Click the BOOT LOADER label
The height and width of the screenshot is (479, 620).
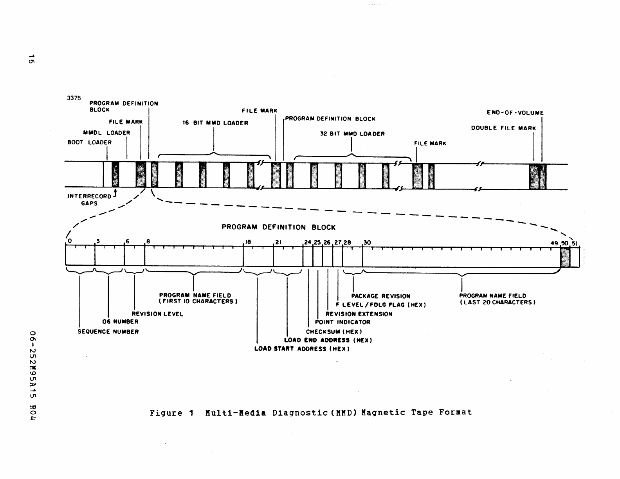pyautogui.click(x=90, y=142)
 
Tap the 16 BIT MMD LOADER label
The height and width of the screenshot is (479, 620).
pyautogui.click(x=215, y=123)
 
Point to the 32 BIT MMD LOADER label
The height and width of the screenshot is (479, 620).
pyautogui.click(x=352, y=134)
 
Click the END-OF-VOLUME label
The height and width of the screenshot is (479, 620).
pyautogui.click(x=515, y=113)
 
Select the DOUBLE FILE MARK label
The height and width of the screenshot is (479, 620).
pyautogui.click(x=503, y=128)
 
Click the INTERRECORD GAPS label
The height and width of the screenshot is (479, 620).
pyautogui.click(x=90, y=200)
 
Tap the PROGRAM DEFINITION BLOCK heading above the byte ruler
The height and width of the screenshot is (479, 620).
pyautogui.click(x=278, y=227)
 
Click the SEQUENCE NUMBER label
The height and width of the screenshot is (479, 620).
pyautogui.click(x=108, y=332)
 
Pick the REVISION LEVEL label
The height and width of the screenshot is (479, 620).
pyautogui.click(x=157, y=314)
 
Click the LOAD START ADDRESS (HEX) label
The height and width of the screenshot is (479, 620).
pyautogui.click(x=302, y=349)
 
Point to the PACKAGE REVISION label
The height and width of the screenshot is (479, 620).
pyautogui.click(x=380, y=296)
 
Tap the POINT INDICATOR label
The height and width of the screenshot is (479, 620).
pyautogui.click(x=342, y=322)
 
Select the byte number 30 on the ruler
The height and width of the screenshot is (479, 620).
pyautogui.click(x=367, y=242)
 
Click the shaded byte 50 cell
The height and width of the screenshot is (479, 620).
pyautogui.click(x=565, y=258)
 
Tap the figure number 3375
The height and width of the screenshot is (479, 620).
pyautogui.click(x=74, y=98)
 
